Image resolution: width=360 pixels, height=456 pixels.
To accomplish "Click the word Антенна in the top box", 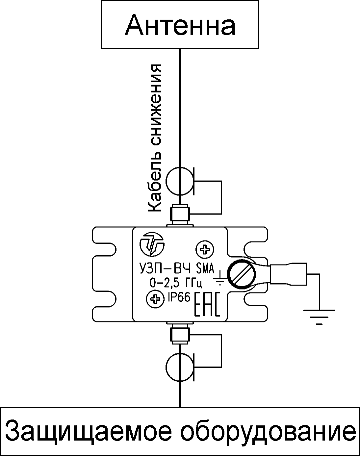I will (x=180, y=25).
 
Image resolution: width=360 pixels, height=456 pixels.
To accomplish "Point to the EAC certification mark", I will (x=207, y=305).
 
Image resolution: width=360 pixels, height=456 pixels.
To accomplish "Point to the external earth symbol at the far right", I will (x=319, y=316).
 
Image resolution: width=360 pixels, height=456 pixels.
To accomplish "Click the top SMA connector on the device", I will (x=180, y=215).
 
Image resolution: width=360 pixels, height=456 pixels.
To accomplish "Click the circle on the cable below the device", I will (x=180, y=367).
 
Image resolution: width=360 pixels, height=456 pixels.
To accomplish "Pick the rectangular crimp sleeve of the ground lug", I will (x=289, y=274).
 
